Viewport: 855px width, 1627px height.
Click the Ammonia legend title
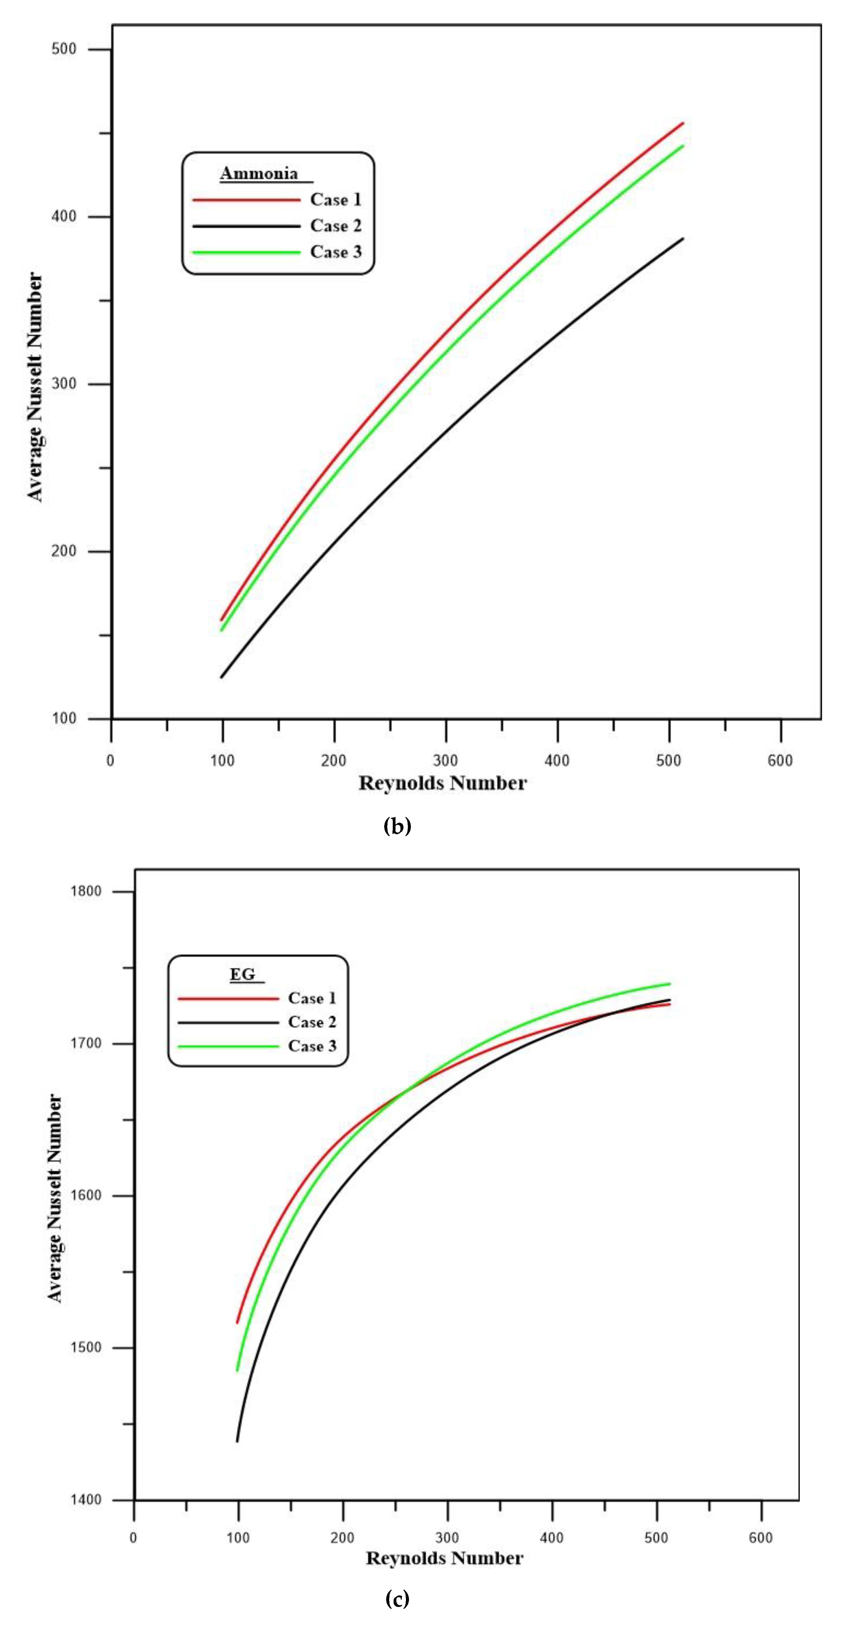click(x=259, y=173)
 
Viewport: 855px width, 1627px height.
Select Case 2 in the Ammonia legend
click(x=336, y=225)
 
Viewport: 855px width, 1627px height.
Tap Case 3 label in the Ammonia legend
click(x=336, y=252)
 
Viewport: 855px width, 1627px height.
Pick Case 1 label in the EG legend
click(x=312, y=998)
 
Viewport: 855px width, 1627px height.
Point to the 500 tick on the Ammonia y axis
click(x=64, y=49)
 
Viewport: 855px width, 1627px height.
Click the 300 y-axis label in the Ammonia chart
click(x=64, y=384)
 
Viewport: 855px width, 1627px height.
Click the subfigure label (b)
click(x=397, y=826)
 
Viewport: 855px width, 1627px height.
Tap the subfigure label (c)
click(x=397, y=1599)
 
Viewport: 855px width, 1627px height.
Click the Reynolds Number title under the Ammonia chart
click(x=442, y=783)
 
